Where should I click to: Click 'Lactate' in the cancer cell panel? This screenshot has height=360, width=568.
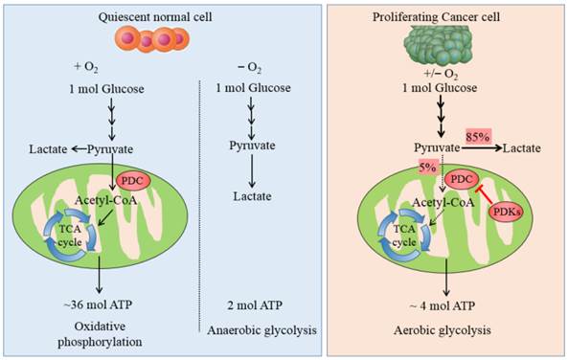point(523,149)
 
